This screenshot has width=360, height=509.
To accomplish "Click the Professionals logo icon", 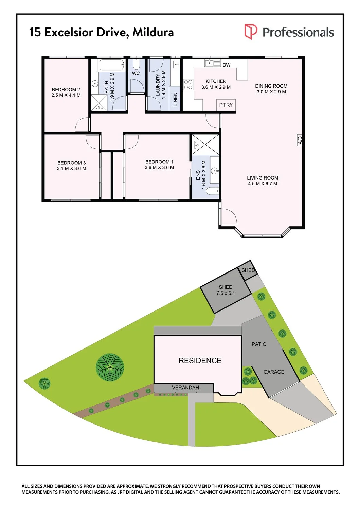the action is pos(251,32).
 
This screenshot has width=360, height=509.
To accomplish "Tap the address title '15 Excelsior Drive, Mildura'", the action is pos(102,32).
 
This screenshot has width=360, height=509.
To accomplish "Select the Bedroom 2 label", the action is pos(66,90).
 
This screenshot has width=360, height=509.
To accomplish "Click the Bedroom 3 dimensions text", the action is pos(71,169).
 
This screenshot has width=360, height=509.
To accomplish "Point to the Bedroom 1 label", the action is pos(159,162).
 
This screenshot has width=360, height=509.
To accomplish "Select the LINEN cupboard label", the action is pos(175,99).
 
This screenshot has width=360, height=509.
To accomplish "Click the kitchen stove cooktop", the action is pos(188,84).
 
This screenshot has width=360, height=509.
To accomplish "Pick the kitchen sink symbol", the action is pos(213,63).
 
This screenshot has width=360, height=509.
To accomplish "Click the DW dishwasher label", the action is pos(227,65).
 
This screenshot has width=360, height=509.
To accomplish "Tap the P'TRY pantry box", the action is pos(226,105).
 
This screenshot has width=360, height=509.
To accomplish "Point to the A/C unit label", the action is pos(300,140).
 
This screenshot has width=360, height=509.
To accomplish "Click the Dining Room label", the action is pos(271,86).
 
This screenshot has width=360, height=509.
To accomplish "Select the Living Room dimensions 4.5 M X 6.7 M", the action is pos(263,184).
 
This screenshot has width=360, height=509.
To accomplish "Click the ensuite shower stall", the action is pos(205,144).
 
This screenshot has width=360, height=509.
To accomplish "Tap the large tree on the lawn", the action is pos(110,367).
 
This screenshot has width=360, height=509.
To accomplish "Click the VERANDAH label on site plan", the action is pos(185,388).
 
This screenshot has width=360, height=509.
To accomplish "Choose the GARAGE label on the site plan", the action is pos(274,372).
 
